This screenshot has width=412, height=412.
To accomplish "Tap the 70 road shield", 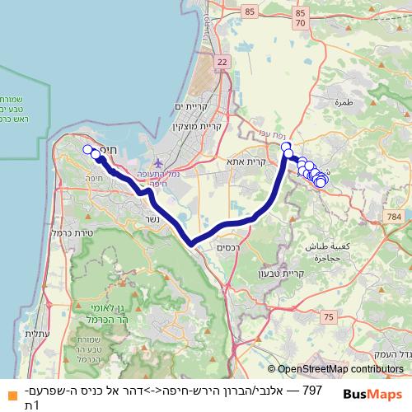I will click(x=301, y=24).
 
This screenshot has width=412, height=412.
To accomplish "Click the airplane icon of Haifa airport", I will click(x=158, y=162).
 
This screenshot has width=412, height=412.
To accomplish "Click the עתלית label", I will click(x=36, y=333).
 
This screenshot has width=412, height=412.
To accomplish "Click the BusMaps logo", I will click(x=373, y=394).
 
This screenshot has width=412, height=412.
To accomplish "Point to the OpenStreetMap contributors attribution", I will click(x=335, y=370).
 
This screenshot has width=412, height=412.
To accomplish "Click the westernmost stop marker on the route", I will click(x=87, y=149).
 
